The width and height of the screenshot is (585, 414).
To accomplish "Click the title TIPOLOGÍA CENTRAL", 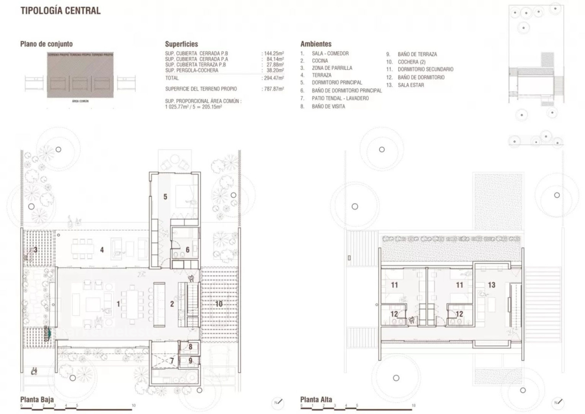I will (x=60, y=11).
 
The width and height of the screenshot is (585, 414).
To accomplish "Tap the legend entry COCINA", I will (x=320, y=61).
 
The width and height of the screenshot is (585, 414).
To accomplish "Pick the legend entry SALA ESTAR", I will (x=410, y=85).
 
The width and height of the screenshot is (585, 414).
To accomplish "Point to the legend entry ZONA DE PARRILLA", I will (x=332, y=68).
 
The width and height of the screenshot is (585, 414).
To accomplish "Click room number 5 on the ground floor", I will (x=165, y=197).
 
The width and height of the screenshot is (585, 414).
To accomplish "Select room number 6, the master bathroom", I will (x=187, y=250).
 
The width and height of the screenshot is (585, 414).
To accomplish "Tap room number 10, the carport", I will (x=219, y=304).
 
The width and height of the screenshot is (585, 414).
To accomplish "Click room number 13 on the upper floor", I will (x=491, y=285).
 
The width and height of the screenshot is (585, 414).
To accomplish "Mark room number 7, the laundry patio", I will (x=172, y=361).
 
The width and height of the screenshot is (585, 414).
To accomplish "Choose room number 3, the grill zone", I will (x=36, y=250).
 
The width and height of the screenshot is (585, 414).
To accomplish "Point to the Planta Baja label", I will (x=37, y=400).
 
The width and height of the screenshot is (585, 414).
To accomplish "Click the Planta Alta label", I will (x=316, y=400).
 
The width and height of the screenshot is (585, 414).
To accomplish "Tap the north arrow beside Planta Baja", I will (x=278, y=403).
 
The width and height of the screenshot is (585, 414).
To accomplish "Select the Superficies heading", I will (x=181, y=44).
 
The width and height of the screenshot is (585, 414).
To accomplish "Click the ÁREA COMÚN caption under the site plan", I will (x=80, y=101).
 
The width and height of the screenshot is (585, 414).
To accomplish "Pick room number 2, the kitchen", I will (x=172, y=304).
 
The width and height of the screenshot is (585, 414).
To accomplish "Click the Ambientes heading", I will (x=316, y=44).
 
